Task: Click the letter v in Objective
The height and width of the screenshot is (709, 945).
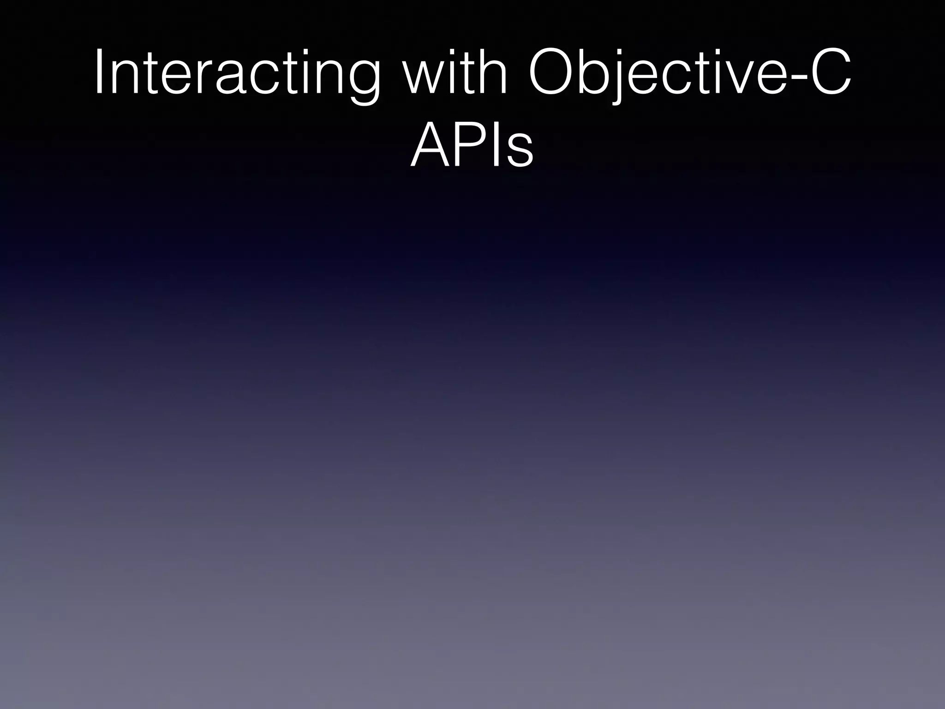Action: (x=748, y=78)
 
